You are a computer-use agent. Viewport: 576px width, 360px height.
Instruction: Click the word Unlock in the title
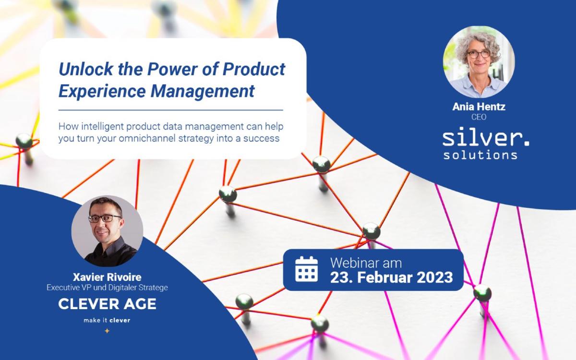pos(86,69)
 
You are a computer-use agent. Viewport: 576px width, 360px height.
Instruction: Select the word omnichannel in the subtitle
pos(147,138)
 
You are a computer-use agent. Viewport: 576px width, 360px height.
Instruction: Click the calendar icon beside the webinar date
pos(306,269)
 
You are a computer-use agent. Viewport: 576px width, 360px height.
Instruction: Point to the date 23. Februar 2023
pos(391,277)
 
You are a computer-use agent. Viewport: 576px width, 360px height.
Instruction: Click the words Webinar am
pos(366,263)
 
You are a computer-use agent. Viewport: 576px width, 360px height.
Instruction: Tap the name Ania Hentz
pos(479,107)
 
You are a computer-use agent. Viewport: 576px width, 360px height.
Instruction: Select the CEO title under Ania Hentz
pos(479,117)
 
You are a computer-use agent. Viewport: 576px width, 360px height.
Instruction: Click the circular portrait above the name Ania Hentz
pos(479,62)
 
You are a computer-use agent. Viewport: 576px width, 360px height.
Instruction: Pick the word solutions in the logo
pos(480,155)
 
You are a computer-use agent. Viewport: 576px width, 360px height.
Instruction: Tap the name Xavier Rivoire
pos(107,277)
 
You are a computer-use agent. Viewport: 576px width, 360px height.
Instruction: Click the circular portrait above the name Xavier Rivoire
pos(107,231)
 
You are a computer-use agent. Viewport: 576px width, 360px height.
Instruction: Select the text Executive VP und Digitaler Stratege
pos(107,288)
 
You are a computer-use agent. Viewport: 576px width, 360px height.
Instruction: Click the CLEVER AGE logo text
pos(107,304)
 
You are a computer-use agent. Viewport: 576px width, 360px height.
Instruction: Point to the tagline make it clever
pos(107,321)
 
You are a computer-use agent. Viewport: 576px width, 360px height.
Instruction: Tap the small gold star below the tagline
pos(107,331)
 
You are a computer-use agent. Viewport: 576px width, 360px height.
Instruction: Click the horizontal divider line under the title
pos(171,110)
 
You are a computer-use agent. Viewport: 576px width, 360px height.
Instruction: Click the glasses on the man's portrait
pos(105,218)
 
